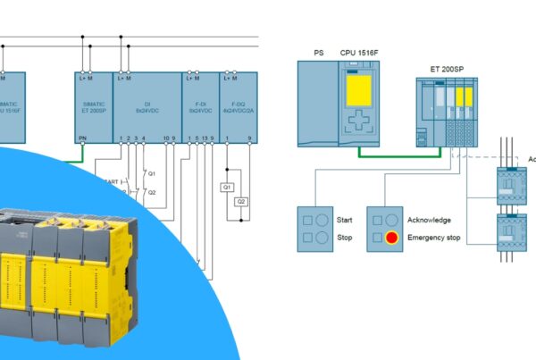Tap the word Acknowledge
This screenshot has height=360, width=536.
(x=429, y=220)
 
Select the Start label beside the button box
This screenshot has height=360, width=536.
(x=346, y=220)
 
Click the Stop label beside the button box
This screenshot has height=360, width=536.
(x=344, y=238)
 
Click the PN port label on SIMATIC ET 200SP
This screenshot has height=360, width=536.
(x=82, y=138)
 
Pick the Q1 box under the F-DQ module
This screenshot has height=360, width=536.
(x=228, y=187)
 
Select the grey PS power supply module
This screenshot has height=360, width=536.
(x=318, y=103)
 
